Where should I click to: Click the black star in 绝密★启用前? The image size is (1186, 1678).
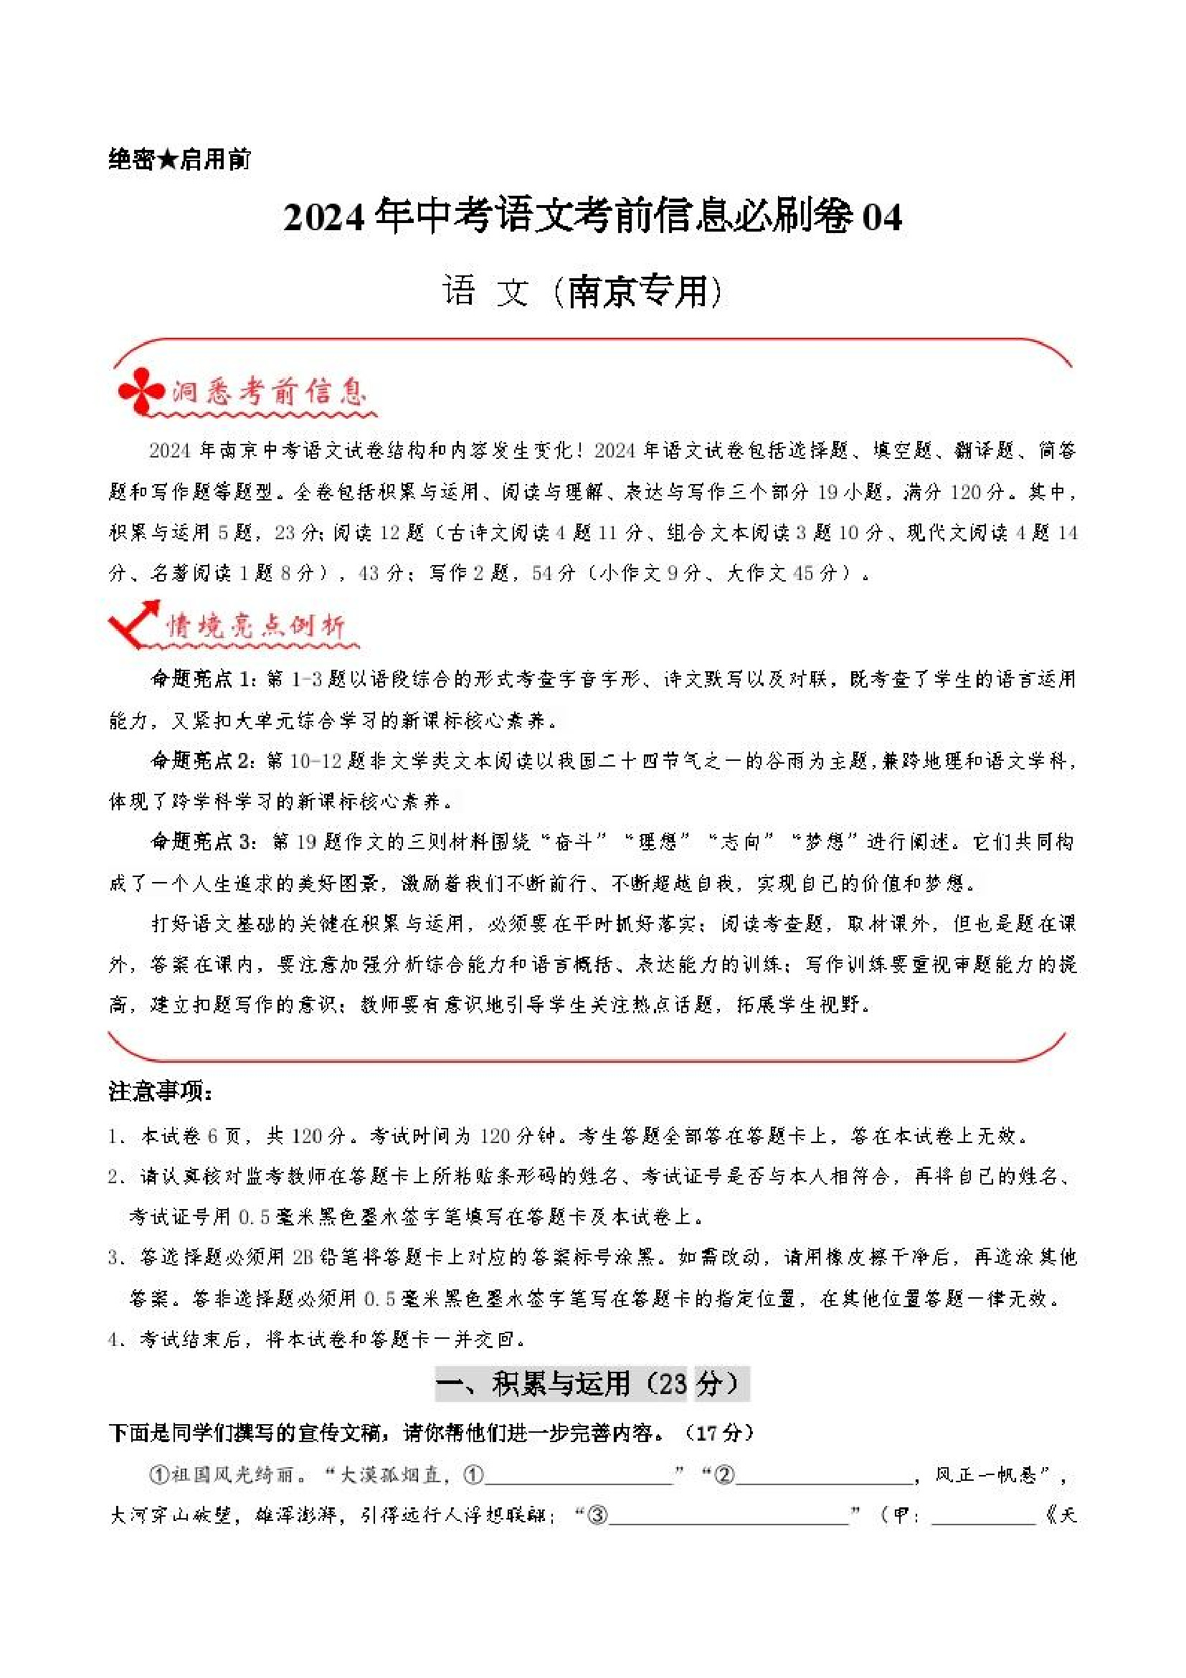168,158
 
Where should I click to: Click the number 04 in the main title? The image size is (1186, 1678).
881,218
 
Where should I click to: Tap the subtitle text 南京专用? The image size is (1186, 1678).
637,293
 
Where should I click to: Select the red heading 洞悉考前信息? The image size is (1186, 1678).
269,393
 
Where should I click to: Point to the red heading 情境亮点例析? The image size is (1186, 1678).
255,626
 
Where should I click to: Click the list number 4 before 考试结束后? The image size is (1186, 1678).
113,1340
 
